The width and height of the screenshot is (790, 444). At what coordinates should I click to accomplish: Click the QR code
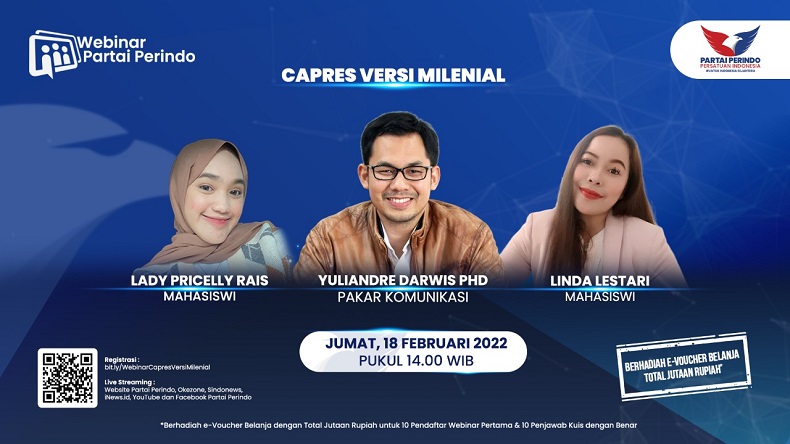pos(67,377)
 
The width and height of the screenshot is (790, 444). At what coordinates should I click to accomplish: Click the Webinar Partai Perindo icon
pos(54,53)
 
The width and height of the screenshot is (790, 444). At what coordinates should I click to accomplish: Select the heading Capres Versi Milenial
pos(393,75)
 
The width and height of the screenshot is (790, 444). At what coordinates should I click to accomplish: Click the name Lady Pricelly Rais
pos(200,280)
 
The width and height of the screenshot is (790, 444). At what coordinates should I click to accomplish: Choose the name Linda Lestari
pos(595,280)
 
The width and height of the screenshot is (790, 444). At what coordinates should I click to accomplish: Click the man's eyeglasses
pos(399,171)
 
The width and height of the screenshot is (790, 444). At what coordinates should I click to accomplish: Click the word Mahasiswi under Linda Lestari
pos(595,296)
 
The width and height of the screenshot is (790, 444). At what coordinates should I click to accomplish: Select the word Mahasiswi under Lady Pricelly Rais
pos(200,296)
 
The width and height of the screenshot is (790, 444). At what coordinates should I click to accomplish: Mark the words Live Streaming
pos(130,381)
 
